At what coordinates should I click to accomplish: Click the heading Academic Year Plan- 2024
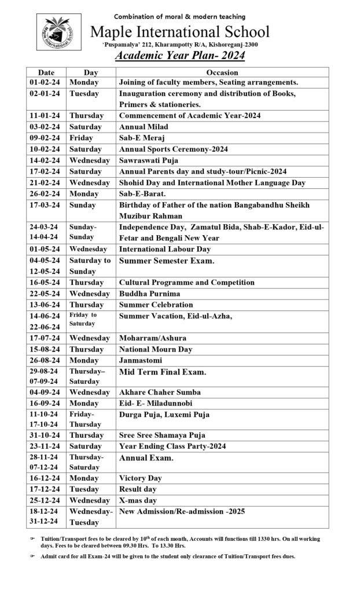[x=179, y=56]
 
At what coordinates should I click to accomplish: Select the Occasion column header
[x=222, y=72]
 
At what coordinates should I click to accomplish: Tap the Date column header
[x=46, y=72]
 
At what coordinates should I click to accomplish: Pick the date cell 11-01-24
[x=46, y=115]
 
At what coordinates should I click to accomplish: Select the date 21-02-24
[x=46, y=182]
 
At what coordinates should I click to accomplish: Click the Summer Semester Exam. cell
[x=167, y=261]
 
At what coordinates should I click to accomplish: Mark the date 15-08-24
[x=46, y=349]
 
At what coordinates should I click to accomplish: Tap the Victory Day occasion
[x=141, y=478]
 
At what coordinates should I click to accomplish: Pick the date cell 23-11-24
[x=46, y=446]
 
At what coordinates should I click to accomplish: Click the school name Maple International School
[x=179, y=31]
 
